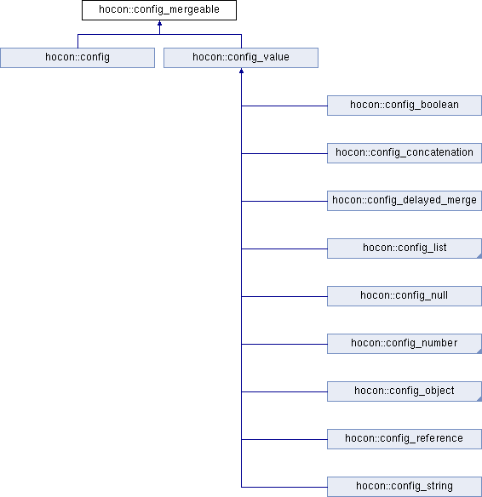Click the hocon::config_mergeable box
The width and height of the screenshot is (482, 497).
[159, 10]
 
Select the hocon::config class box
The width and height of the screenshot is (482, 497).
[77, 58]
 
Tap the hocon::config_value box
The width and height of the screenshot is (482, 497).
[241, 58]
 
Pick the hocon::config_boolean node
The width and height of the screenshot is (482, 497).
[405, 106]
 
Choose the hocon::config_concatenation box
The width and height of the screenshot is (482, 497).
[405, 153]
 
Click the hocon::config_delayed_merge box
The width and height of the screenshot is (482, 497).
[405, 201]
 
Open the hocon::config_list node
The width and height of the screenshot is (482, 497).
[405, 248]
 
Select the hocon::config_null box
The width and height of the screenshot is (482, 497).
[405, 296]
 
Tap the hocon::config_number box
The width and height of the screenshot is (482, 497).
[405, 344]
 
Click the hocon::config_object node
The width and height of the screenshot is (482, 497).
[405, 391]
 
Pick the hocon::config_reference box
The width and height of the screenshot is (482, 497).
[405, 439]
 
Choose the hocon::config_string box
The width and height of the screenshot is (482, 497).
[405, 487]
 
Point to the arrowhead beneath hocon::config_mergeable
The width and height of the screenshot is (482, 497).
[159, 23]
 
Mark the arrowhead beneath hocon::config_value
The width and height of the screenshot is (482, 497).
[241, 71]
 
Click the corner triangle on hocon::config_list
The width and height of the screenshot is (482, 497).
[479, 256]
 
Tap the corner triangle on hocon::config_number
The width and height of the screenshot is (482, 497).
[479, 351]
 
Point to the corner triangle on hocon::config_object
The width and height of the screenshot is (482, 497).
[479, 399]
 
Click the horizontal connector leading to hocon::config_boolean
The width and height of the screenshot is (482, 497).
[284, 106]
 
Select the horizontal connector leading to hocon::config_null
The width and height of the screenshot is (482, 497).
[284, 296]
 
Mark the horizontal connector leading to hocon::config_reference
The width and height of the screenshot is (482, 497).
[284, 439]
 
